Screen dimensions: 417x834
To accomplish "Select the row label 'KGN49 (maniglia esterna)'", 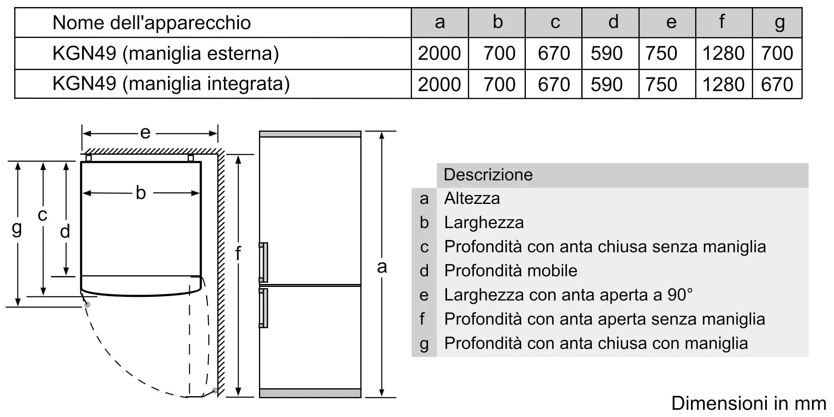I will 166,53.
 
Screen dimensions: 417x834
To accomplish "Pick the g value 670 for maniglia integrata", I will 777,84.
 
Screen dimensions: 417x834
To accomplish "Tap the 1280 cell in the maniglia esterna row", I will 723,53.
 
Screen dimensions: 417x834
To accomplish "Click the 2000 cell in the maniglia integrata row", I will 439,84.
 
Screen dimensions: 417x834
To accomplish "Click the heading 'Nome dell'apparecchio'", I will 152,23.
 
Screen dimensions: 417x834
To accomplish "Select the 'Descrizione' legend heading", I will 488,175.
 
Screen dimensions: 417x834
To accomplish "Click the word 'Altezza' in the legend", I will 472,198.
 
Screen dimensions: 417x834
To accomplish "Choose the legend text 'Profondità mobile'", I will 510,271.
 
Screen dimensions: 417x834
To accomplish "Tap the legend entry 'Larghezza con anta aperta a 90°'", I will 568,295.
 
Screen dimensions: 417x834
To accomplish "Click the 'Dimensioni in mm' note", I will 749,403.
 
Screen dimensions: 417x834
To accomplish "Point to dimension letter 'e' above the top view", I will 145,133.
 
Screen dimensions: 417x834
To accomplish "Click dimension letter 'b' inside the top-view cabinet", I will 141,193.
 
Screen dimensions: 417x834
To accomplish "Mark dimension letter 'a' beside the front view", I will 382,267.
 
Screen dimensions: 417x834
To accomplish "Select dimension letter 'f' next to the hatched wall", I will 238,253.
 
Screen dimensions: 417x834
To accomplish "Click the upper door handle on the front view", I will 263,262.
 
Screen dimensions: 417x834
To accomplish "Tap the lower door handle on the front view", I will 263,308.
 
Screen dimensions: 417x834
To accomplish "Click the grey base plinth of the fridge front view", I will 310,393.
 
